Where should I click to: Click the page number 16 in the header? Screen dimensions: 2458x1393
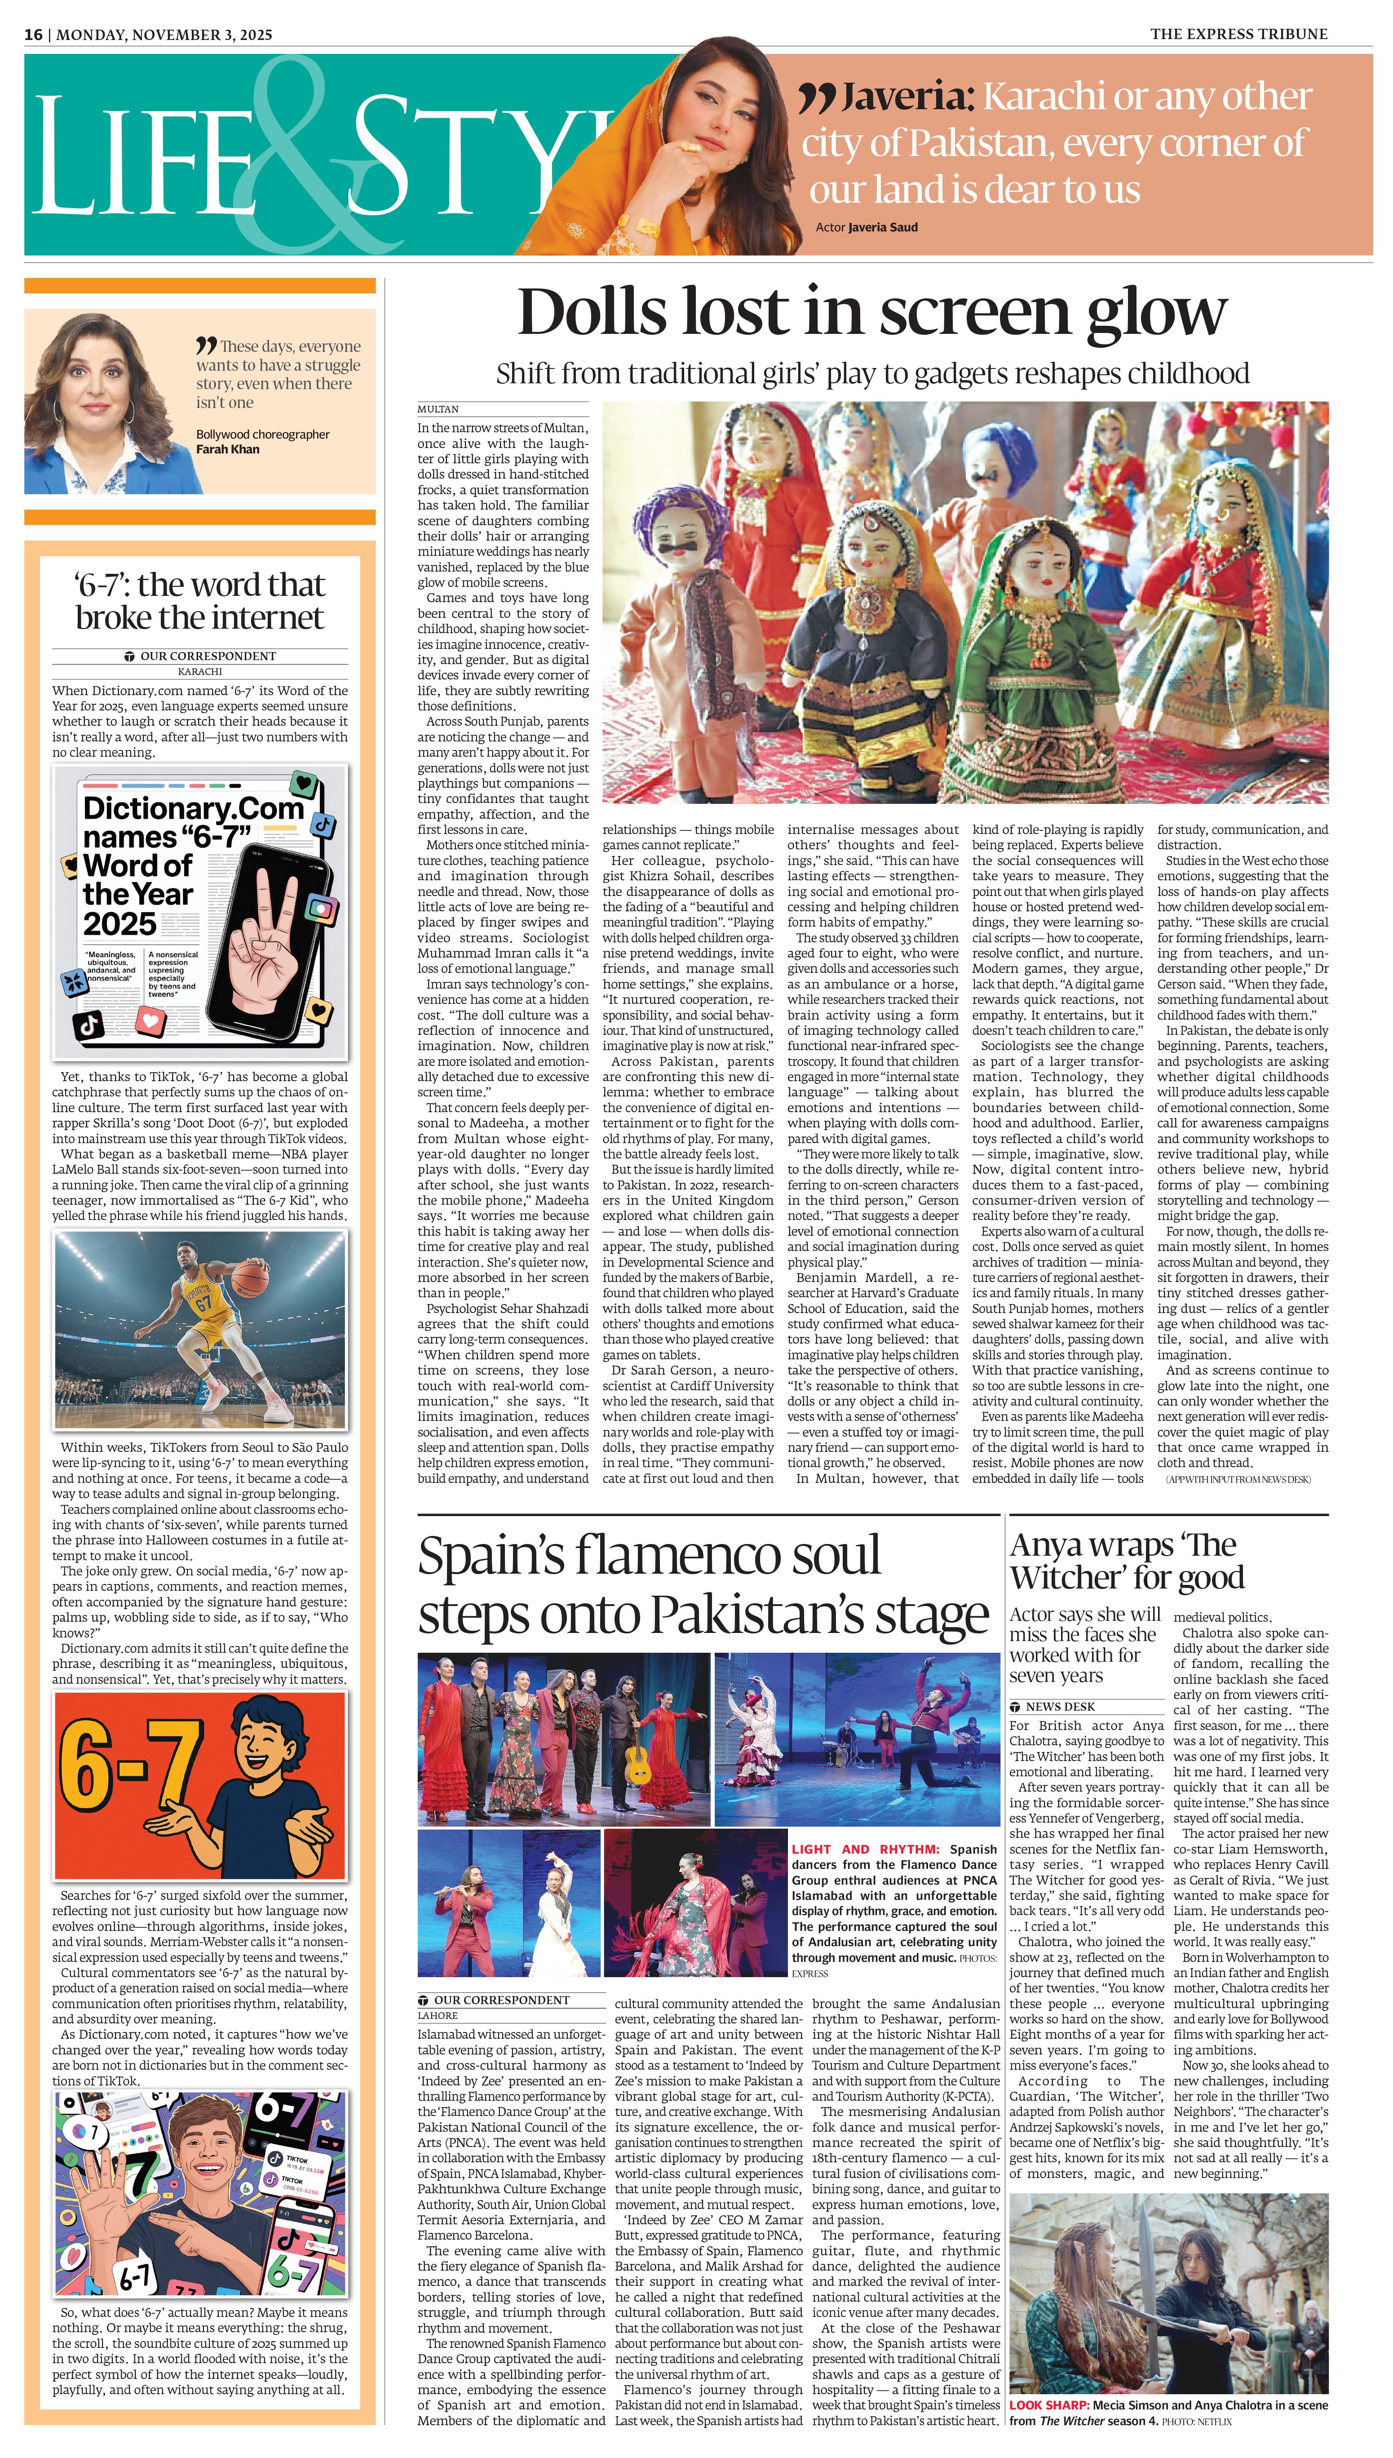tap(34, 35)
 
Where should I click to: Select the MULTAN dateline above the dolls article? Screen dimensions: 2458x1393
tap(437, 408)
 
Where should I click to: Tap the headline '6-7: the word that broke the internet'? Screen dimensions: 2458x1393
tap(200, 601)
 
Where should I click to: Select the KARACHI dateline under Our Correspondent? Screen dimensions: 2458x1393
tap(200, 672)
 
